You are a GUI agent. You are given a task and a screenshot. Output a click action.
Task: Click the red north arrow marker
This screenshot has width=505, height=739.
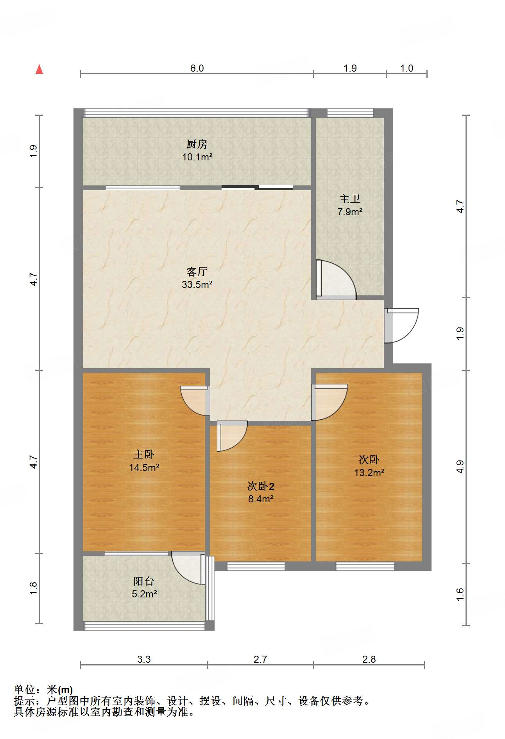tap(39, 69)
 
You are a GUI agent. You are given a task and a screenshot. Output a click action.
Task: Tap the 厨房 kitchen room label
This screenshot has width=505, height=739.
tap(197, 144)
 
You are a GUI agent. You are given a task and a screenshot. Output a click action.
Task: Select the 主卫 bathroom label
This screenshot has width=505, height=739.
tap(349, 199)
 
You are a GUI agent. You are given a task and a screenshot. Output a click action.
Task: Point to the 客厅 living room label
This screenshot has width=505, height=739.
tap(197, 272)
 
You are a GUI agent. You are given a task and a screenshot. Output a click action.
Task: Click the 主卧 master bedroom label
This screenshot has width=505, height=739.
tap(144, 454)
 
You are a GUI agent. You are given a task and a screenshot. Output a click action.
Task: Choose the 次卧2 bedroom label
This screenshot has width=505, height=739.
tap(261, 486)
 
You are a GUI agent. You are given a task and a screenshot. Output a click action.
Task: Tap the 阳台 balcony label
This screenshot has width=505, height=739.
tap(144, 581)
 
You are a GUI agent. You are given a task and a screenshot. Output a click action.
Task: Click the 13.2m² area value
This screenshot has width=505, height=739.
tap(369, 473)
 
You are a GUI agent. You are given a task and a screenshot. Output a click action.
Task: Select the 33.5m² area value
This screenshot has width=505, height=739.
tap(197, 284)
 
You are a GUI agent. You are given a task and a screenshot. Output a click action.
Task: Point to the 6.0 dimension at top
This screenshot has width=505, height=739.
tap(197, 68)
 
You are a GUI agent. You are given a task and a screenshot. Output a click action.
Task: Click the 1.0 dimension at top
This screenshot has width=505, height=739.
tap(407, 68)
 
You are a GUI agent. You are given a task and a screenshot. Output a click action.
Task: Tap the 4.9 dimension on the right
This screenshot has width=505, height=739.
tap(460, 467)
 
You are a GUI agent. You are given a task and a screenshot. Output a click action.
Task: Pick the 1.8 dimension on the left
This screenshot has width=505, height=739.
tap(33, 588)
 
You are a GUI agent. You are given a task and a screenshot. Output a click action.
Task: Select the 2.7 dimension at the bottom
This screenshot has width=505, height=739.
tap(260, 659)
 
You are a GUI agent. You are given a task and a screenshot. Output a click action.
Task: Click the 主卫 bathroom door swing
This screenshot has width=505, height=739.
tap(336, 279)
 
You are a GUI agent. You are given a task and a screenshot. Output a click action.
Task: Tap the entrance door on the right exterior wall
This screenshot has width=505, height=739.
tap(401, 325)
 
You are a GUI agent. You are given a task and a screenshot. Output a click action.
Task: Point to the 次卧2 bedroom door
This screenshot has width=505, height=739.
tap(232, 436)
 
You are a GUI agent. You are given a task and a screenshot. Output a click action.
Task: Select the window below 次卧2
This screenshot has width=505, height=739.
tap(256, 566)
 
